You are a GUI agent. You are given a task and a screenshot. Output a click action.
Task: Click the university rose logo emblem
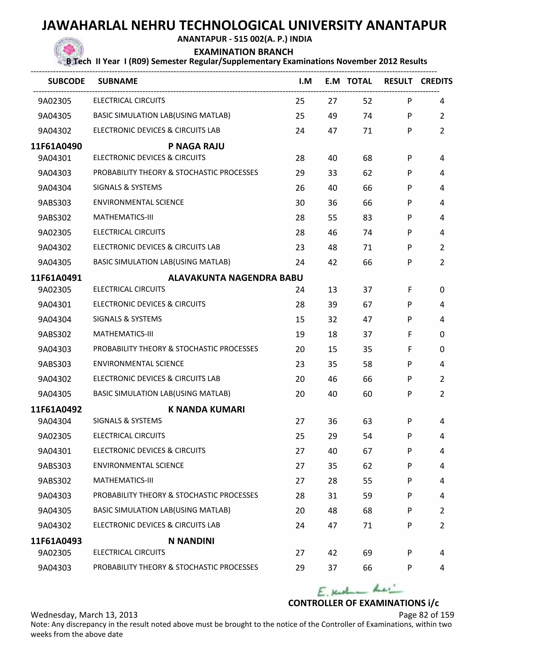coord(69,50)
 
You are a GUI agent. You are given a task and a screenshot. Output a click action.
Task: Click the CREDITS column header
coord(436,81)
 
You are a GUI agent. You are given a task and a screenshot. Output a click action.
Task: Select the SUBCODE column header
coord(66,81)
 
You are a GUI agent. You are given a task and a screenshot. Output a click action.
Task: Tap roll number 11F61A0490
coord(56,146)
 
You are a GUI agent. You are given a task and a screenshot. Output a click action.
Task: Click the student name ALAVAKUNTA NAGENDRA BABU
coord(235,278)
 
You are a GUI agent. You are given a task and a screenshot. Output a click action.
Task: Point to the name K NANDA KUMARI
coord(206,409)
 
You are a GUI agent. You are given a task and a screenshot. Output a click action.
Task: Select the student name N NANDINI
coord(191,541)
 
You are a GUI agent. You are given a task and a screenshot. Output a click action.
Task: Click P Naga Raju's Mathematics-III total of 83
coord(367,218)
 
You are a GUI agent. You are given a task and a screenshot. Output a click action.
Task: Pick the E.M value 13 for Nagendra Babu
coord(332,290)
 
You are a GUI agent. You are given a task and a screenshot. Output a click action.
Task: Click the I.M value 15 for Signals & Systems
coord(300,319)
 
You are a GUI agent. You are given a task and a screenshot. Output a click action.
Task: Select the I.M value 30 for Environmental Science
coord(300,203)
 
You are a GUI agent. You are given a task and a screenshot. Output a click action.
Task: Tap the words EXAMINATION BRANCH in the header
coord(243,52)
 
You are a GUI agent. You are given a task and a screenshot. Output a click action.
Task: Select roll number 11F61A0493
coord(56,541)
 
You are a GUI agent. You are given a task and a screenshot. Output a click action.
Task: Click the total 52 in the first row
coord(367,101)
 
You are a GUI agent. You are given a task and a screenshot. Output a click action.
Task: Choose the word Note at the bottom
coord(39,624)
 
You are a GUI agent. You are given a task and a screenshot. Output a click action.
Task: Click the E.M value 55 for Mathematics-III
coord(332,218)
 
